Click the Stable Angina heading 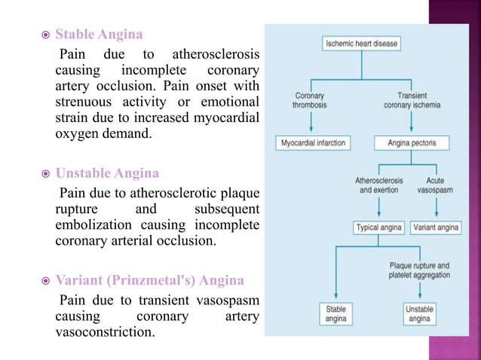pyautogui.click(x=99, y=35)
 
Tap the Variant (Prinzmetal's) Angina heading pyautogui.click(x=150, y=280)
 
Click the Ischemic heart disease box pyautogui.click(x=361, y=44)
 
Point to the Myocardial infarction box pyautogui.click(x=309, y=142)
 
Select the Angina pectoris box pyautogui.click(x=411, y=142)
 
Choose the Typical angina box pyautogui.click(x=379, y=227)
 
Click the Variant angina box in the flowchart pyautogui.click(x=435, y=227)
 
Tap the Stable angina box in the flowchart pyautogui.click(x=335, y=314)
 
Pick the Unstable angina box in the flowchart pyautogui.click(x=419, y=314)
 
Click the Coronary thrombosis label pyautogui.click(x=309, y=100)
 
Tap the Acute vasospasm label pyautogui.click(x=435, y=185)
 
